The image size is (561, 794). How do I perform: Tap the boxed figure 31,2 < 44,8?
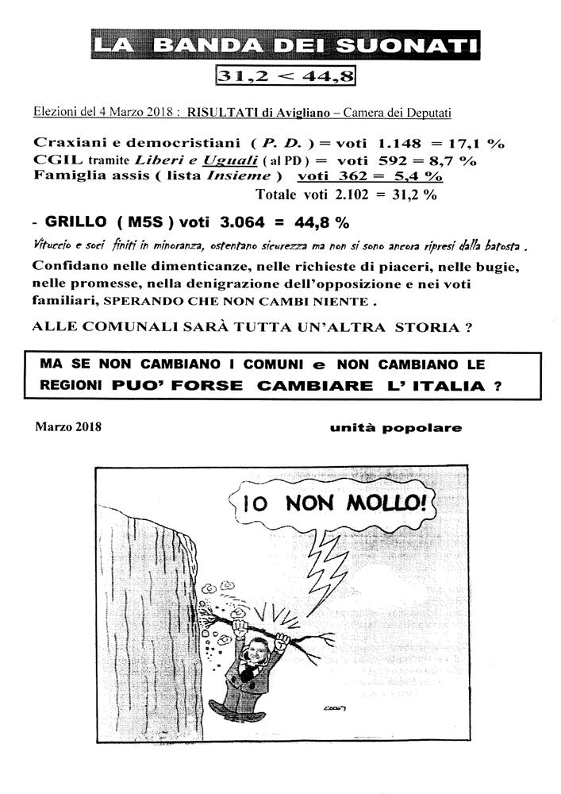pyautogui.click(x=285, y=77)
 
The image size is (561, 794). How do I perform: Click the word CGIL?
pyautogui.click(x=54, y=160)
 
